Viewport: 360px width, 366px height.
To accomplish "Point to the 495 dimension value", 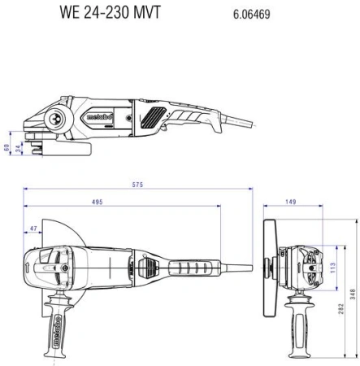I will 119,202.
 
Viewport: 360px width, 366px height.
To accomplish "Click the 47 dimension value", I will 33,230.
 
